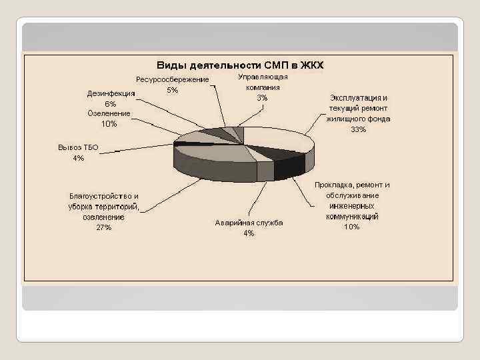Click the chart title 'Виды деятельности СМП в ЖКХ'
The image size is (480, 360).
pyautogui.click(x=239, y=65)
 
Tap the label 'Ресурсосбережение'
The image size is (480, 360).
pyautogui.click(x=173, y=80)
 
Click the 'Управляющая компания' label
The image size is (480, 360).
pyautogui.click(x=263, y=82)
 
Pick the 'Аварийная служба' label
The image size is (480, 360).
pyautogui.click(x=249, y=223)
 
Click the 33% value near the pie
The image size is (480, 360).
pyautogui.click(x=358, y=129)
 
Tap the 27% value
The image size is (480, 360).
pyautogui.click(x=104, y=227)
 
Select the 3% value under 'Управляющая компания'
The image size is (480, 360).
pyautogui.click(x=263, y=98)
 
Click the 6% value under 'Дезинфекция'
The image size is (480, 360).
pyautogui.click(x=111, y=104)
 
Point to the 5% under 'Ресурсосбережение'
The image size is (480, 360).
pyautogui.click(x=173, y=90)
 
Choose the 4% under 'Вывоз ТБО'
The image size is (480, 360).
pyautogui.click(x=78, y=158)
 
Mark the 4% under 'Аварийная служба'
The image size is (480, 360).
pyautogui.click(x=249, y=233)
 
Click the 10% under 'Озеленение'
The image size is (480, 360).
pyautogui.click(x=109, y=124)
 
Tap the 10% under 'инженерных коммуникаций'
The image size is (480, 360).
pyautogui.click(x=351, y=227)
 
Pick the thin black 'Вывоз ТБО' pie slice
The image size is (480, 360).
pyautogui.click(x=193, y=143)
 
